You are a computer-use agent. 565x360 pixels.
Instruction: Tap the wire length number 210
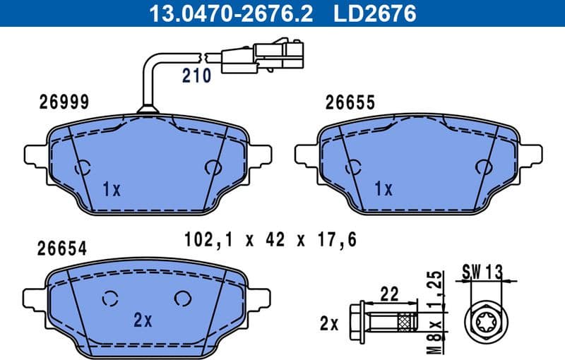click(196, 76)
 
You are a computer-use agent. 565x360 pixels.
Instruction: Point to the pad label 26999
click(63, 102)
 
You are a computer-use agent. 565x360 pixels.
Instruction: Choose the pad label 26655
click(350, 102)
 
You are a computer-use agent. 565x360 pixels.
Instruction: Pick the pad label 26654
click(63, 248)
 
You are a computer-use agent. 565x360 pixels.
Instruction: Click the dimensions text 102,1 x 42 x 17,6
click(269, 239)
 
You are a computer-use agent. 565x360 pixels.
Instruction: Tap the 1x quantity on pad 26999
click(112, 189)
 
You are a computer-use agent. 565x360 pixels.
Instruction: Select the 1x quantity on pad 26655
click(383, 188)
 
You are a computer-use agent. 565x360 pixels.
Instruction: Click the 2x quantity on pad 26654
click(143, 320)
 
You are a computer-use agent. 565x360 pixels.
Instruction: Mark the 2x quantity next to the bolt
click(329, 324)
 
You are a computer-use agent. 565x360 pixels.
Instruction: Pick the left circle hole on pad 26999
click(83, 168)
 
